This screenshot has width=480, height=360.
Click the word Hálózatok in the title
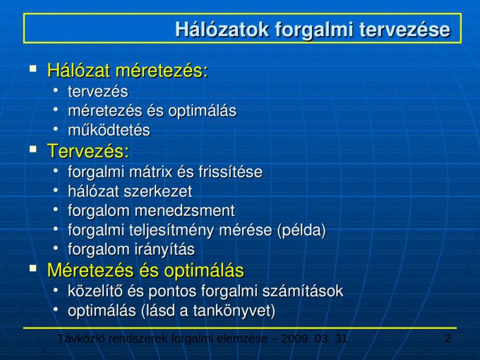point(222,30)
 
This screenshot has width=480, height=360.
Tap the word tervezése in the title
point(404,30)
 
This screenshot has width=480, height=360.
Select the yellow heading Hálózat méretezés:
point(128,71)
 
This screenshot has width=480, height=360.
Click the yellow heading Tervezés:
point(88,151)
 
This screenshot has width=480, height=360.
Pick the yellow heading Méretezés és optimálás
point(145,270)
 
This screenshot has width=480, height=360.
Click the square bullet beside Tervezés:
point(33,149)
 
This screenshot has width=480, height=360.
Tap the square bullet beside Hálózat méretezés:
point(33,68)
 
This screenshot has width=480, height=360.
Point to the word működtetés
point(109,130)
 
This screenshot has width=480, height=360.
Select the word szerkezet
point(158,191)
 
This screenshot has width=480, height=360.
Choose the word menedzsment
point(185,211)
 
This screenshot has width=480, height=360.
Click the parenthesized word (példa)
point(301,231)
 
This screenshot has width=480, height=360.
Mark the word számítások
point(303,291)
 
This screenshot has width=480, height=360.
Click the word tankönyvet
point(234,311)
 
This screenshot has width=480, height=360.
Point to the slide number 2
point(448,339)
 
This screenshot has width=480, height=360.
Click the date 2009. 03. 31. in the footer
point(316,339)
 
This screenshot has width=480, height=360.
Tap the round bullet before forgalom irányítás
point(55,248)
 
